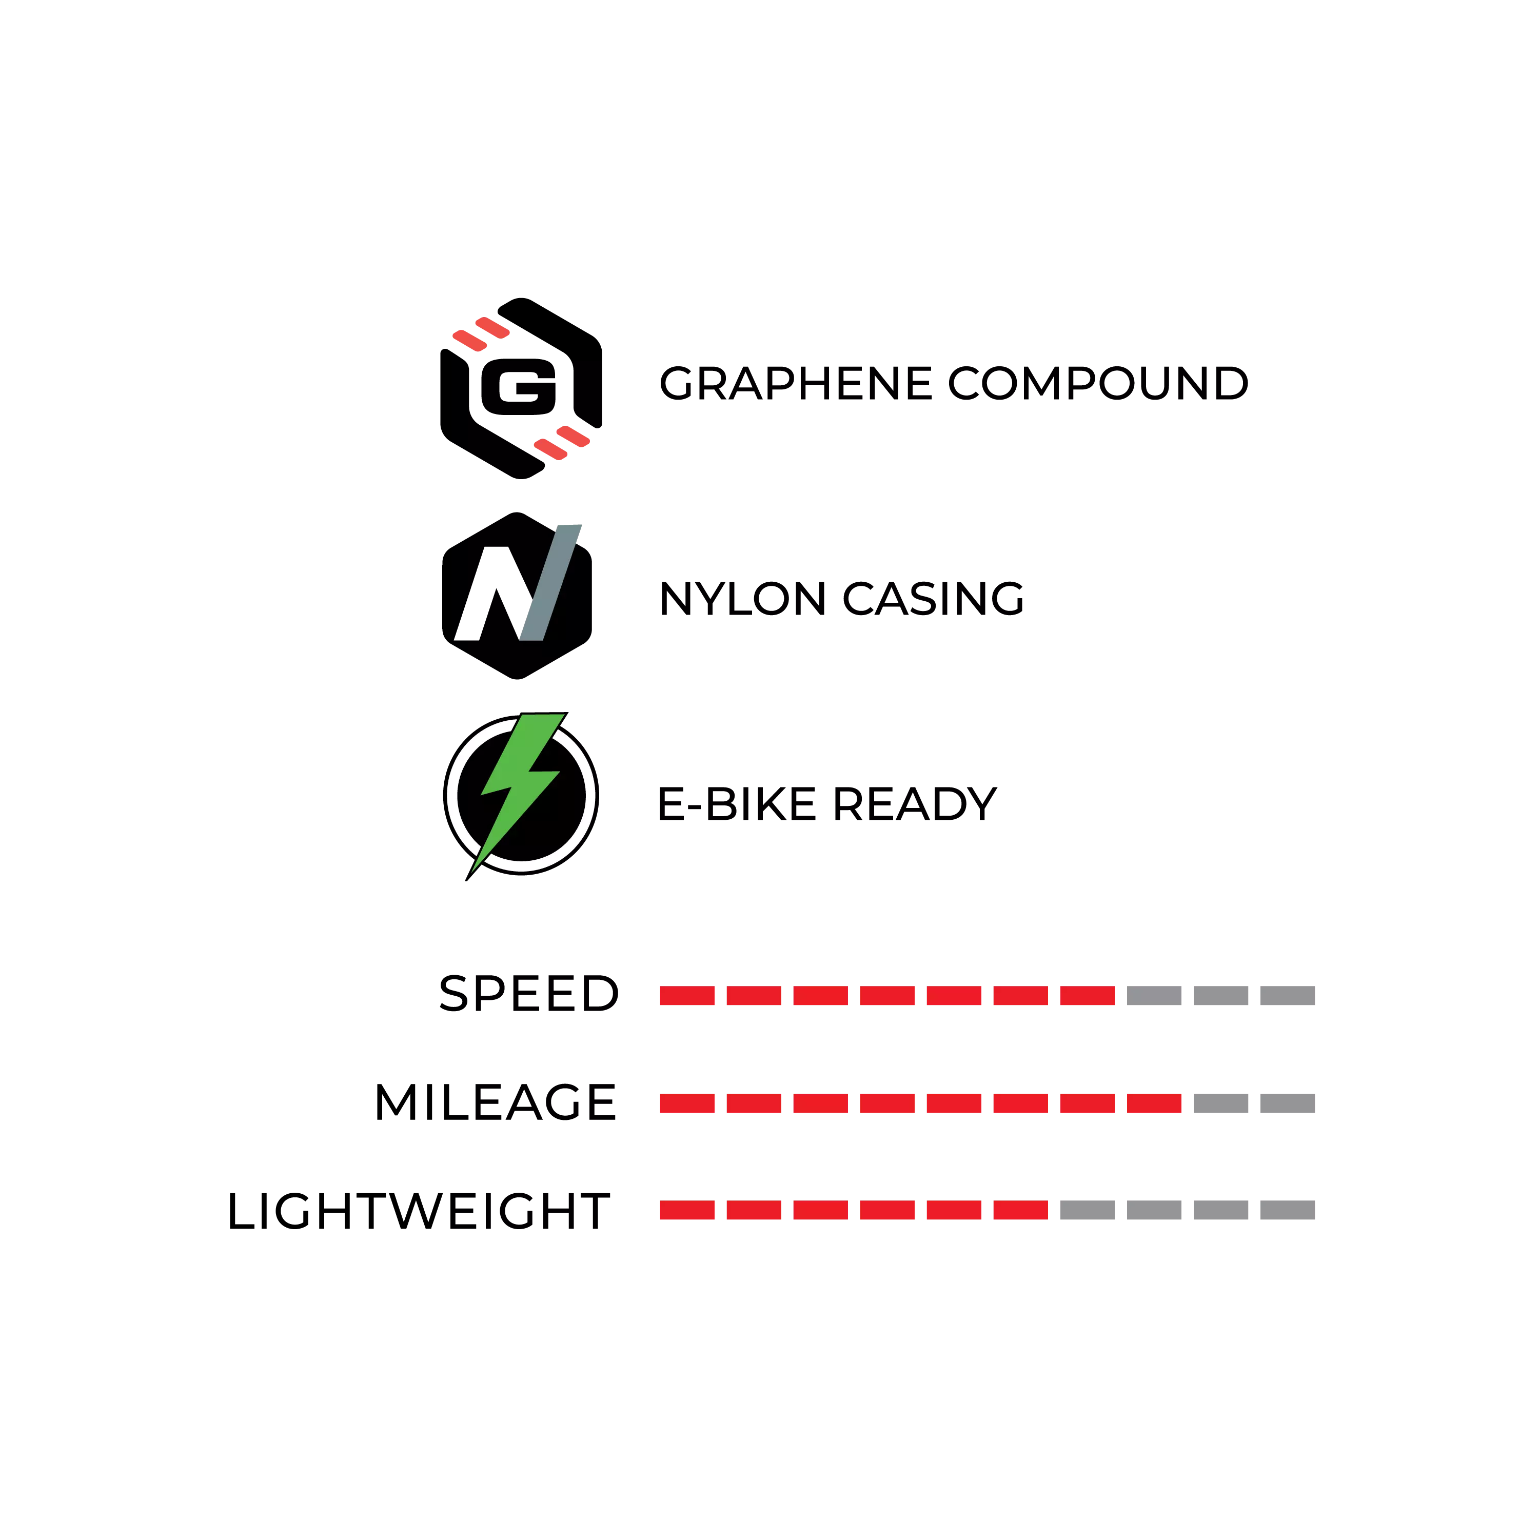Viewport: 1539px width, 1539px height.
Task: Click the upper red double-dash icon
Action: [482, 334]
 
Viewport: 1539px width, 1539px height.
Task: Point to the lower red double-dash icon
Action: [562, 442]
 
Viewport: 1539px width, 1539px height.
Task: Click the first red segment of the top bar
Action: [687, 995]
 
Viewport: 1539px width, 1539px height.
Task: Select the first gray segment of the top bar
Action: [1153, 995]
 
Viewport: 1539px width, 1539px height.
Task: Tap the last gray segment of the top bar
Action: [1288, 995]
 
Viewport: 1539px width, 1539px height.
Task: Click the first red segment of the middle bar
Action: [687, 1103]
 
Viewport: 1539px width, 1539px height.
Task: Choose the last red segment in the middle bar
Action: [1153, 1103]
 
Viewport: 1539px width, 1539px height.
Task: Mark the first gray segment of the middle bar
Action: [1220, 1103]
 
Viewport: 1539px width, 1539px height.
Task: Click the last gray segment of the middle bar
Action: [1288, 1103]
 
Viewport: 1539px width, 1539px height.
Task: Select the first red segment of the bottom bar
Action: [687, 1210]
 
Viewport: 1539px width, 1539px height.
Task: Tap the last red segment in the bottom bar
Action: [1021, 1210]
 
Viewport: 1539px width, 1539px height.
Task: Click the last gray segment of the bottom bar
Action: [1288, 1210]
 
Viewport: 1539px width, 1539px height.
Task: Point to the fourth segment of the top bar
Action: [886, 995]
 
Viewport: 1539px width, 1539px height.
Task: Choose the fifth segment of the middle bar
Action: [954, 1103]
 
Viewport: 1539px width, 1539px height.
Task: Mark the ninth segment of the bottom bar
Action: [1220, 1210]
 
